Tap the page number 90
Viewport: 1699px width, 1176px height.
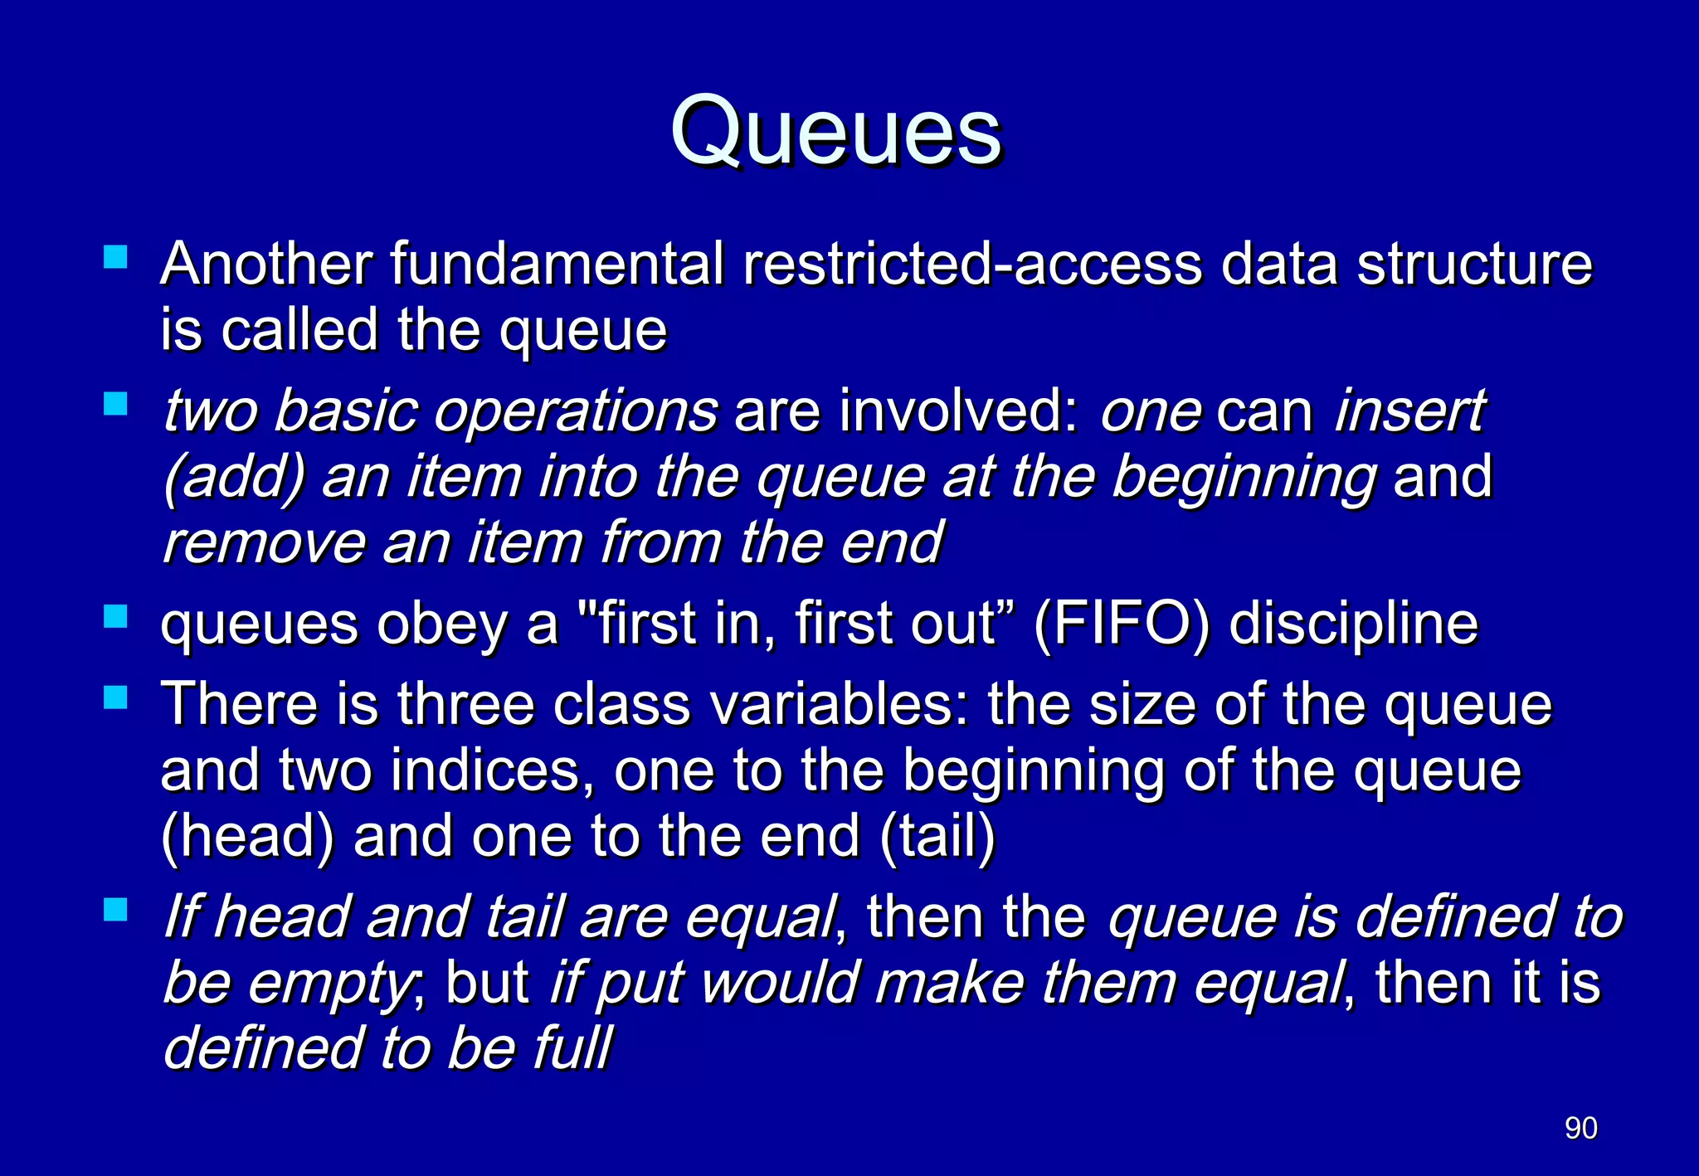(1580, 1128)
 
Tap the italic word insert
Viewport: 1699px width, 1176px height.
(1409, 412)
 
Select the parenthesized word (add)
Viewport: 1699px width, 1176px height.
(234, 479)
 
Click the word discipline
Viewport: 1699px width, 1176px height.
(1353, 624)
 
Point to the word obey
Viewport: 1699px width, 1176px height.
(441, 624)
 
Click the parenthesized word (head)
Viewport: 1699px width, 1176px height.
(247, 837)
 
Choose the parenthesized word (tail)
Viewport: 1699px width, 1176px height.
(937, 837)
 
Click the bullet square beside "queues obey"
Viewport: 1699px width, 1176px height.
(115, 616)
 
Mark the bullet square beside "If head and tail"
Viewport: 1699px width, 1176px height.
(115, 910)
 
